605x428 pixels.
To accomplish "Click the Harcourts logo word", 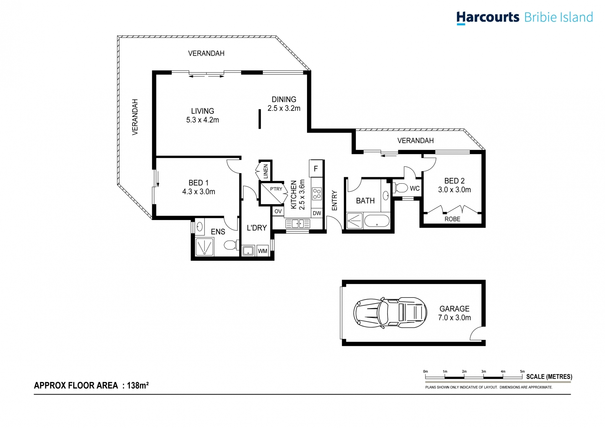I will coord(487,17).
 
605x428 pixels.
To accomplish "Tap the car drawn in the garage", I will coord(390,313).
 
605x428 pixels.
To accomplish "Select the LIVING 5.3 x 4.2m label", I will coord(202,116).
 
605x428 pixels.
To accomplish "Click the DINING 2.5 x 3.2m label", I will coord(284,104).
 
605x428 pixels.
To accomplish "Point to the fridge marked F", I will coord(316,168).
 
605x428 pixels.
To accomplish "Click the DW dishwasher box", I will coord(317,213).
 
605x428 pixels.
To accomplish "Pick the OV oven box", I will coord(278,211).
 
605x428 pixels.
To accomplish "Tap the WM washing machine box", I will coord(263,251).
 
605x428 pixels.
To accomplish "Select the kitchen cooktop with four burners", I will coord(317,194).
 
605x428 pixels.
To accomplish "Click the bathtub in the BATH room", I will coord(376,221).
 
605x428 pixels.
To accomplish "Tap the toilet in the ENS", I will coord(230,245).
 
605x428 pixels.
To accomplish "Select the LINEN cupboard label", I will coord(266,171).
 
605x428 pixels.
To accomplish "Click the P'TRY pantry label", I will coord(276,189).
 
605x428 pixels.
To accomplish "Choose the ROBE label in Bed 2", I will coord(452,219).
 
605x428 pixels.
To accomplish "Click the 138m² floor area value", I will coord(138,385).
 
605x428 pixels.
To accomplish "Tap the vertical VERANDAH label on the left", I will coord(135,117).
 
